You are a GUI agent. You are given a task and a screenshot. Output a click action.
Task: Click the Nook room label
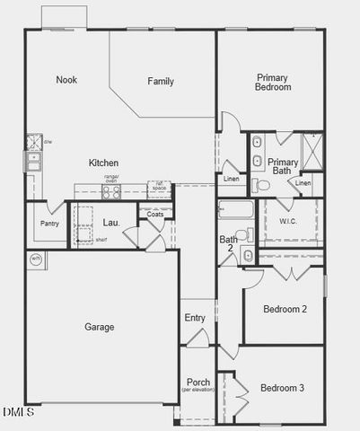(x=66, y=80)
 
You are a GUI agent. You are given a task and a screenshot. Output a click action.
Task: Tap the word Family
(x=161, y=82)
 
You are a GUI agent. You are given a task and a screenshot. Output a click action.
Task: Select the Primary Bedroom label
(x=274, y=83)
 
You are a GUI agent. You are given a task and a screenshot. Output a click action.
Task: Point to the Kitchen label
(x=103, y=163)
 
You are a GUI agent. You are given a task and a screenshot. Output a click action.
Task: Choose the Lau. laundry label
(x=111, y=222)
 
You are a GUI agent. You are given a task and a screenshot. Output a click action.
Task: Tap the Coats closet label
(x=154, y=214)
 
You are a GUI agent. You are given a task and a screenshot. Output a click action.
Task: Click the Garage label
(x=99, y=327)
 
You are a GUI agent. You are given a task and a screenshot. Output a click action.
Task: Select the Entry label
(x=195, y=318)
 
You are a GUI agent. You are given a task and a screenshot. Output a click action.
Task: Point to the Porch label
(x=198, y=383)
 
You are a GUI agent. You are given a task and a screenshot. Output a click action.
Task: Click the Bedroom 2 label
(x=285, y=309)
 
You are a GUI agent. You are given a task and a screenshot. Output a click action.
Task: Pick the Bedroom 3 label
(x=282, y=388)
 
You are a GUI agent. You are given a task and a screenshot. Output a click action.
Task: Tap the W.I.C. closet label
(x=288, y=220)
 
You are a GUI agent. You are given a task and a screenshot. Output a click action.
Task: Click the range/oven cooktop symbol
(x=112, y=189)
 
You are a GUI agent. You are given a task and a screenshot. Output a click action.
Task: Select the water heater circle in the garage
(x=37, y=259)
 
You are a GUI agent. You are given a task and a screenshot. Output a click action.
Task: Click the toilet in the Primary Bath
(x=261, y=185)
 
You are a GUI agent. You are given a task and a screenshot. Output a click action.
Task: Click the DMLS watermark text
(x=18, y=412)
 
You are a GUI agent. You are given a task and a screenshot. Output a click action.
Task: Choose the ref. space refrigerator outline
(x=159, y=189)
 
